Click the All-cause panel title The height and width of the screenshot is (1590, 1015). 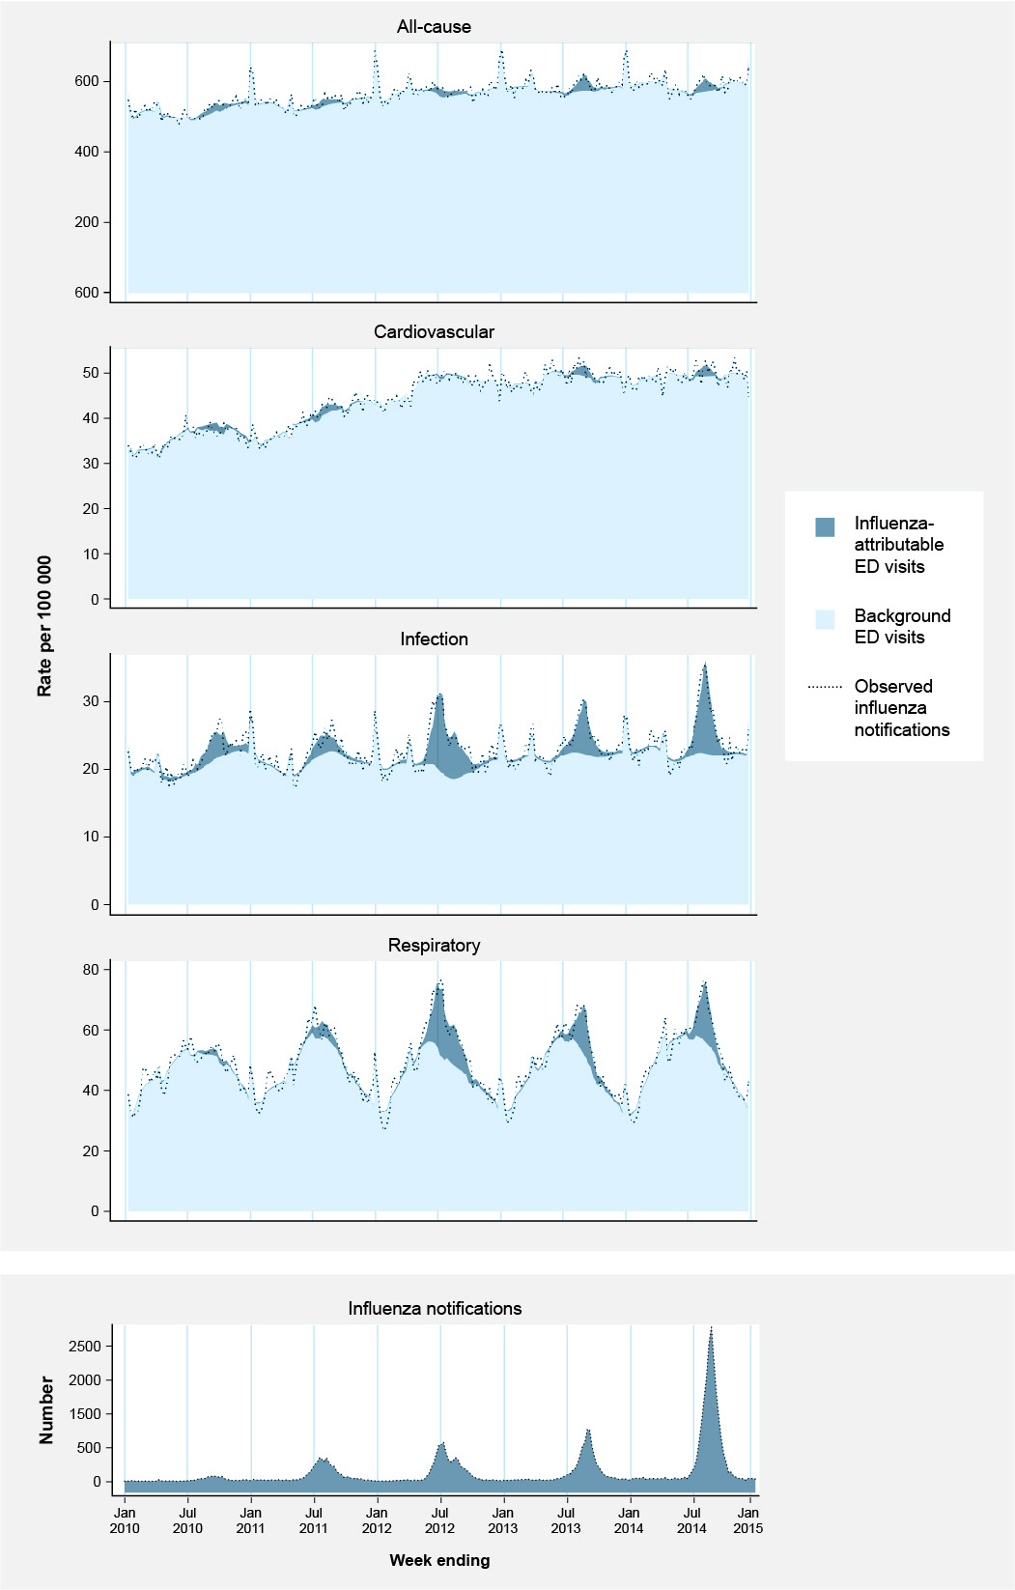pyautogui.click(x=434, y=27)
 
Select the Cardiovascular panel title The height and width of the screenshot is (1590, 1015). pyautogui.click(x=434, y=332)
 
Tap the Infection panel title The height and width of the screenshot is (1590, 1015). pyautogui.click(x=434, y=639)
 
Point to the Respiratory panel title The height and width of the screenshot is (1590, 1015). pyautogui.click(x=434, y=946)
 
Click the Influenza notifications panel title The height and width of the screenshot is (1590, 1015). pyautogui.click(x=435, y=1309)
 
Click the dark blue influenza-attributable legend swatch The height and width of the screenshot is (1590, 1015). pyautogui.click(x=825, y=526)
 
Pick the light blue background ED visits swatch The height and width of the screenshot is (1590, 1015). pyautogui.click(x=825, y=619)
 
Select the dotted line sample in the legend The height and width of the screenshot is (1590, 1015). pyautogui.click(x=825, y=688)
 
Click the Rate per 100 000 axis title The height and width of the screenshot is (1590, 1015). pyautogui.click(x=45, y=626)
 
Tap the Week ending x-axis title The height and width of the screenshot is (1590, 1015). pyautogui.click(x=439, y=1560)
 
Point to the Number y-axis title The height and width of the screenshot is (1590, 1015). pyautogui.click(x=46, y=1411)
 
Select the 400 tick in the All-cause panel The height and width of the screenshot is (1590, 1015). pyautogui.click(x=86, y=152)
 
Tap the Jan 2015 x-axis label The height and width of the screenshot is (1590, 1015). pyautogui.click(x=748, y=1520)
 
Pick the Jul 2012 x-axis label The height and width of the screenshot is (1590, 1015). pyautogui.click(x=439, y=1520)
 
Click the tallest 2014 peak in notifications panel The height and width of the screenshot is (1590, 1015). pyautogui.click(x=711, y=1331)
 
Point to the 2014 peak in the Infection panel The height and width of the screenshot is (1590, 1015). pyautogui.click(x=705, y=665)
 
